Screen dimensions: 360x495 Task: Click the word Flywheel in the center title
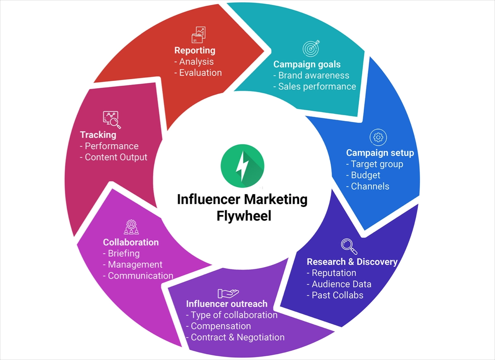coord(244,216)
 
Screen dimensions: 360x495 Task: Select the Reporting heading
coord(195,50)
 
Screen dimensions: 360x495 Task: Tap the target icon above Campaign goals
coord(311,49)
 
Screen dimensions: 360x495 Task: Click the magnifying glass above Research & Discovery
coord(349,246)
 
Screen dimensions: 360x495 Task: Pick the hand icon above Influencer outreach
coord(228,293)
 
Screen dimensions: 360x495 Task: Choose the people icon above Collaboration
coord(131,227)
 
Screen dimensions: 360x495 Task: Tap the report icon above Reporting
coord(198,35)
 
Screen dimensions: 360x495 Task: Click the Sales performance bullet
coord(316,87)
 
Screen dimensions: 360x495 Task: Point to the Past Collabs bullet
coord(337,295)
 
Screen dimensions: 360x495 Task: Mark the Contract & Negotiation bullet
coord(237,337)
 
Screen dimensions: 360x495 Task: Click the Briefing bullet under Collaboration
coord(123,253)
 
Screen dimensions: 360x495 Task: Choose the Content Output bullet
coord(115,157)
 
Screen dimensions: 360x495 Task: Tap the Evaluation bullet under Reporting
coord(200,73)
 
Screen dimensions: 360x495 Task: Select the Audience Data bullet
coord(341,284)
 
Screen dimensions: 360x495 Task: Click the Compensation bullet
coord(221,326)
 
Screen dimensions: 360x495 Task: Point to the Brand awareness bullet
coord(313,75)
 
